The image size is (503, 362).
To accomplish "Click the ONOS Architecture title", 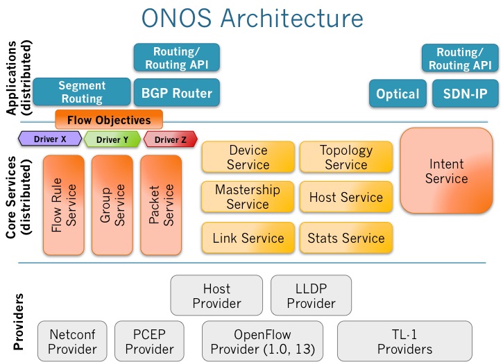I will pos(251,18).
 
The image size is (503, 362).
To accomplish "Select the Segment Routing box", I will pos(82,92).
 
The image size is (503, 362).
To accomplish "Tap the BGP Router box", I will pos(176,92).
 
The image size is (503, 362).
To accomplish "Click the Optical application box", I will pos(398,94).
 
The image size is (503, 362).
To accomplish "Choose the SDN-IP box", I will pos(460,94).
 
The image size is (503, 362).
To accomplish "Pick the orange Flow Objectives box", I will pos(109,119).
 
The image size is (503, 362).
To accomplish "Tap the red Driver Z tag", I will pos(170,139).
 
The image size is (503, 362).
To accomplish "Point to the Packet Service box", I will pos(161,205).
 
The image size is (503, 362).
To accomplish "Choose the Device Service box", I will pos(248,157).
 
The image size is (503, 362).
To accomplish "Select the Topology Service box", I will pos(346,157).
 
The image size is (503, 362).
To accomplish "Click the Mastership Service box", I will pos(248,197).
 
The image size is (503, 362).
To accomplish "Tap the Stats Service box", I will pos(346,238).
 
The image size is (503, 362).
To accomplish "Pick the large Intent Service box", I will pos(447,171).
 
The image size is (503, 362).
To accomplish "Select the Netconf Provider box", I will pos(72,341).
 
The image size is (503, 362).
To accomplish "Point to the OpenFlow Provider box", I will pos(262,341).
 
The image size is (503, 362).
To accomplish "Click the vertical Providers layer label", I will pos(19,320).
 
